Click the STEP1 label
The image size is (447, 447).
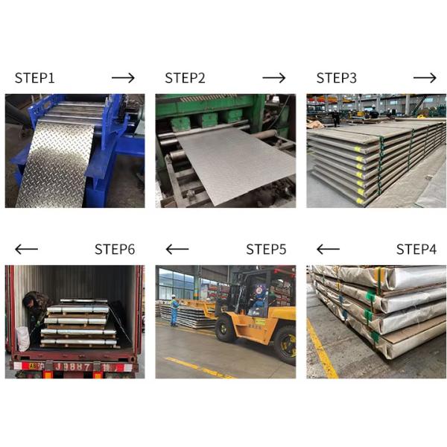pos(35,78)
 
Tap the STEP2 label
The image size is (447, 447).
pos(186,78)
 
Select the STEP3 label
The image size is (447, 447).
pos(337,78)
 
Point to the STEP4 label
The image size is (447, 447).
pos(416,250)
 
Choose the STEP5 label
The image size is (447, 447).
pos(266,250)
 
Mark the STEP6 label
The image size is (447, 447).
pos(115,250)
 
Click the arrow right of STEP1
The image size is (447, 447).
pos(123,78)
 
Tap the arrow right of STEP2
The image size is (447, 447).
pos(274,78)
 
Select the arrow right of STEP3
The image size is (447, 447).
pos(425,78)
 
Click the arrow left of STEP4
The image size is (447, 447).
pos(328,250)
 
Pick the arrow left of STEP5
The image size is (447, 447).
pos(177,250)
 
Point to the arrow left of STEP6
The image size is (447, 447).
pos(26,250)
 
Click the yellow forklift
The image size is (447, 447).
pos(257,313)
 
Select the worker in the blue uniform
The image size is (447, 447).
pos(174,311)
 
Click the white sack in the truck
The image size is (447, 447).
pos(24,339)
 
